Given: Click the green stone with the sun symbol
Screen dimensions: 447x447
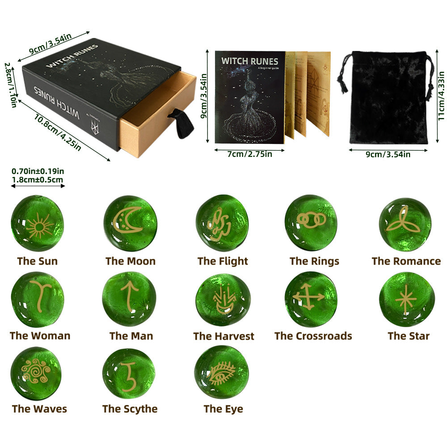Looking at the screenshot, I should pos(37,223).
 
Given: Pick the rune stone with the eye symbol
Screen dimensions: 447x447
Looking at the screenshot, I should pos(222,372).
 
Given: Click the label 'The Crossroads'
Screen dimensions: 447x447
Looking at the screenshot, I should pos(313,336).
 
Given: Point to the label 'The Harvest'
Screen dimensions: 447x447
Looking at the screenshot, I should pos(223,336).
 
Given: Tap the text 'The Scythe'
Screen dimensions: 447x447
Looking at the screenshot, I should pos(130,409).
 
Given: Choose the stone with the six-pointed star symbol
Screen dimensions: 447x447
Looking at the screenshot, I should pos(406,299).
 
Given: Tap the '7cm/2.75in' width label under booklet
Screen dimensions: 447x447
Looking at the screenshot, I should pos(249,154).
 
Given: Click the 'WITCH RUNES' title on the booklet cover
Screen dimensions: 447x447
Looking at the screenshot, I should pos(249,61).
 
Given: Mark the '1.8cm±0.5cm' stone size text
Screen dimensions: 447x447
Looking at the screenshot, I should pos(38,180).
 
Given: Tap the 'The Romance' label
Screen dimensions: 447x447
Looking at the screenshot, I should pos(406,261).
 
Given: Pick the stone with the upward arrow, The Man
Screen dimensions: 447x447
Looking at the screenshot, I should pos(130,299).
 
